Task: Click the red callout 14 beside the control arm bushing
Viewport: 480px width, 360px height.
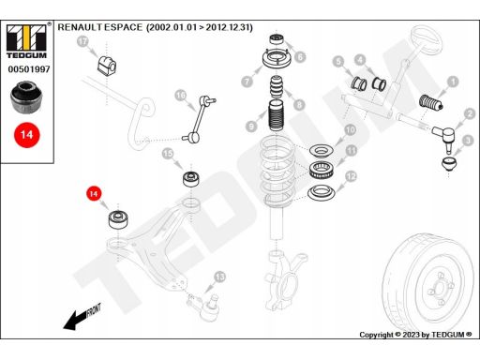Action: coord(94,194)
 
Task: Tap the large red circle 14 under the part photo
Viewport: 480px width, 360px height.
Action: coord(27,135)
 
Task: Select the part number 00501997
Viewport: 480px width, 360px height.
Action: coord(29,69)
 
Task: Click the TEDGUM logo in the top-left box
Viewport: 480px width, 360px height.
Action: coord(26,41)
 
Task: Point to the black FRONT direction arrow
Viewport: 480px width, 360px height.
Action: coord(82,317)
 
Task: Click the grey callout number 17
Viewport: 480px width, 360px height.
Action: coord(82,41)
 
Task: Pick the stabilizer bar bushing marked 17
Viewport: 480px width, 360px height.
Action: coord(107,66)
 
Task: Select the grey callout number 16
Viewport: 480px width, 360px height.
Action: coord(181,96)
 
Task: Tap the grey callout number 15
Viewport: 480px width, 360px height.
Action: coord(168,154)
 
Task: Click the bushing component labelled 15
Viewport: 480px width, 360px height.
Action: coord(191,179)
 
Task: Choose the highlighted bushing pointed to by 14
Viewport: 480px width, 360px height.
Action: coord(118,220)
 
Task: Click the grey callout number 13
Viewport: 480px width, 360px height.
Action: coord(219,277)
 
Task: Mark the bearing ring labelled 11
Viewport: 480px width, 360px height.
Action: coord(322,171)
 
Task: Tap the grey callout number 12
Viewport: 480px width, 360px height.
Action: coord(351,176)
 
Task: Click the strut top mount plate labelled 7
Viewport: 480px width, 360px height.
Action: coord(277,60)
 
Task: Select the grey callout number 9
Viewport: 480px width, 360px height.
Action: coord(251,127)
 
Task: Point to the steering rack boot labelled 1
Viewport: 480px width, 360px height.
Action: coord(430,103)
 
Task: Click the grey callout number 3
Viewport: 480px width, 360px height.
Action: coord(468,141)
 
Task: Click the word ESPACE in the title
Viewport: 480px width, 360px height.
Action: coord(123,27)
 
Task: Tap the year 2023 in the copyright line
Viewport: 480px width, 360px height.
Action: coord(411,335)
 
